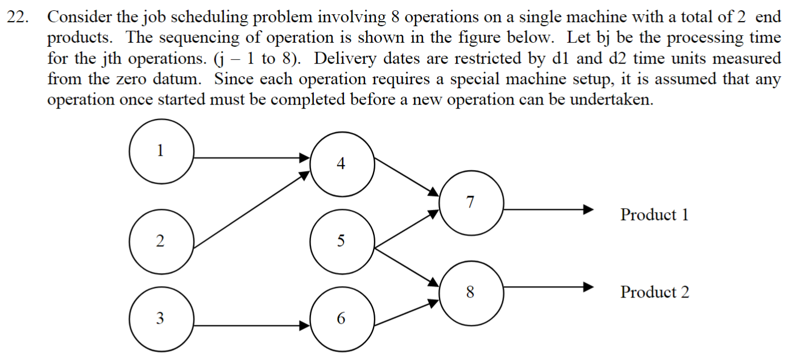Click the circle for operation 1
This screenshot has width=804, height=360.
click(161, 151)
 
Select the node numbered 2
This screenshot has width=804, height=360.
click(161, 241)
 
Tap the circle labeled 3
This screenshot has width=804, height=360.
click(161, 319)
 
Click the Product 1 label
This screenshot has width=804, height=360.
click(654, 215)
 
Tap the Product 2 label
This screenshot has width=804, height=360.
click(654, 292)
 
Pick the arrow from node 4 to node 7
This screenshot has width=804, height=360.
click(407, 176)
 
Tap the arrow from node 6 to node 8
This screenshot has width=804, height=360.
click(407, 313)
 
